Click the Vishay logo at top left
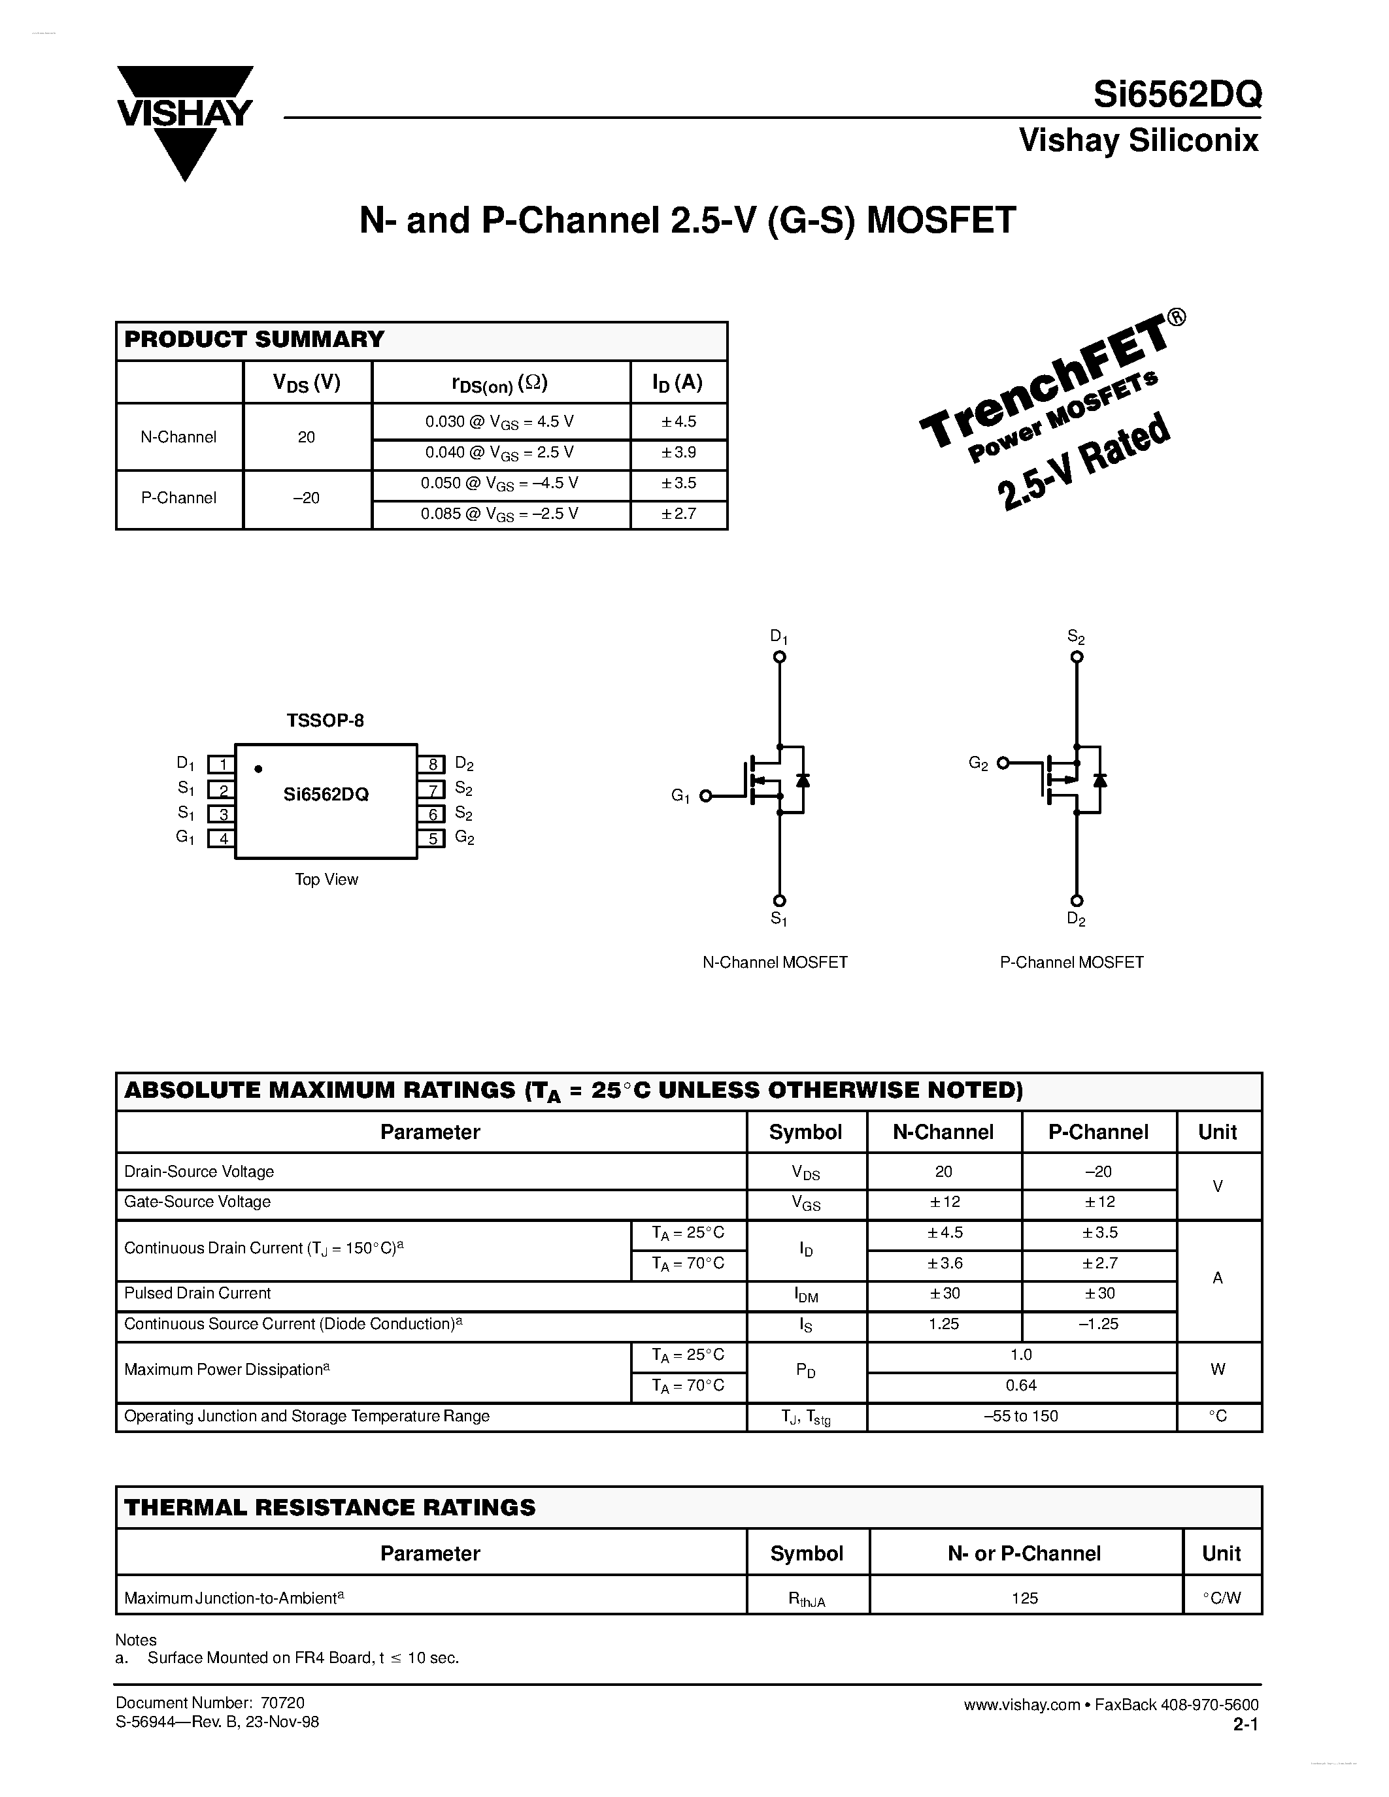click(184, 121)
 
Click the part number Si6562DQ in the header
click(1177, 95)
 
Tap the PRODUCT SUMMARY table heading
click(254, 340)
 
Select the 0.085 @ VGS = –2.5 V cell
click(499, 514)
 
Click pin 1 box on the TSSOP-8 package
click(222, 765)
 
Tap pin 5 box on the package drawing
click(431, 838)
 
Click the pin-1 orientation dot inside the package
click(258, 769)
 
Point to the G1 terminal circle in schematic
click(705, 796)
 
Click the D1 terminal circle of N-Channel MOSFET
click(779, 657)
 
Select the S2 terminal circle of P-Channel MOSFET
click(1077, 657)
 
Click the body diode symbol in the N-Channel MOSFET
click(803, 779)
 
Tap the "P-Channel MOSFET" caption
click(1071, 962)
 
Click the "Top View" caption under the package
click(327, 880)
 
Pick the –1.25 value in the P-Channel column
click(1099, 1324)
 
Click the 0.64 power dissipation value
click(1021, 1385)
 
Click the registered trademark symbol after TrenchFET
click(1177, 318)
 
